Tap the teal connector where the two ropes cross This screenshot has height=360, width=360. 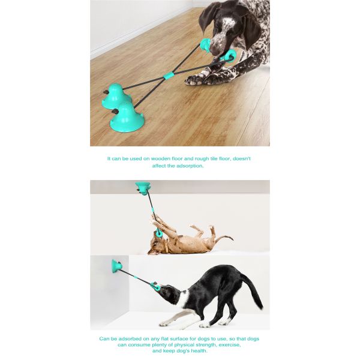pos(168,76)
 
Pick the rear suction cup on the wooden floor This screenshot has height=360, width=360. pos(116,96)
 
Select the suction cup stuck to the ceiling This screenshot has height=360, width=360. pos(142,188)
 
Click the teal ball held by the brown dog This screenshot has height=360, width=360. pos(158,234)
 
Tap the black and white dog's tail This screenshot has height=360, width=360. pos(252,291)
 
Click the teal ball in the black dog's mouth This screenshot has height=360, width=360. pos(155,286)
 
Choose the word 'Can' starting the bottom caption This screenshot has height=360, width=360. pos(104,338)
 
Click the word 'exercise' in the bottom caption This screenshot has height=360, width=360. pos(229,344)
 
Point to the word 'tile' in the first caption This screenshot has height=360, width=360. pos(212,158)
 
